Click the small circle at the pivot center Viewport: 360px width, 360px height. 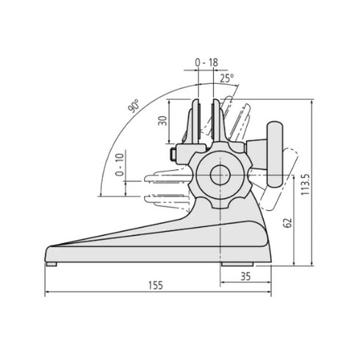[220, 176]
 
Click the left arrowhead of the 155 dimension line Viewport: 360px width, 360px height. [48, 292]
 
